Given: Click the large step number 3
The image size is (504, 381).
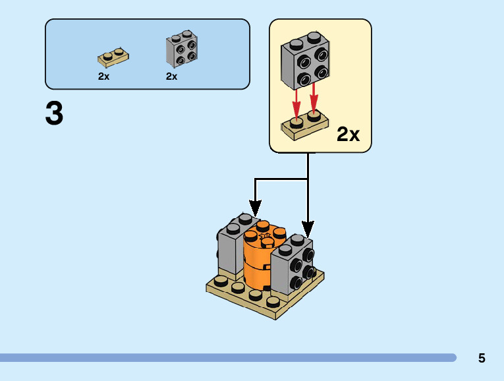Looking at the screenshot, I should pos(54,113).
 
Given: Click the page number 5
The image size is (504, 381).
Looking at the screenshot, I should pos(482,359).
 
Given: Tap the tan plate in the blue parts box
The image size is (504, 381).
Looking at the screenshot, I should pos(113,58).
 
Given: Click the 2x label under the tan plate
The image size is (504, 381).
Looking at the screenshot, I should pos(103,76).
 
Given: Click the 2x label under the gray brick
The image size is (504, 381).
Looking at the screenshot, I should pos(171,76).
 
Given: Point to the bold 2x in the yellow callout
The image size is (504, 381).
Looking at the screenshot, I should pos(348,134).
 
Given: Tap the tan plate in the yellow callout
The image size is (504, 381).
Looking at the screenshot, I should pos(304,126).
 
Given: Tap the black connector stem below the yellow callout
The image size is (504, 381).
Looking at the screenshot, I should pos(308,165).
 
